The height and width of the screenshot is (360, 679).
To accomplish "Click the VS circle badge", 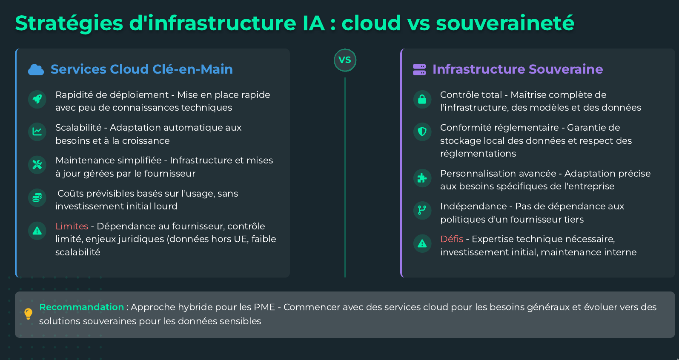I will coord(345,60).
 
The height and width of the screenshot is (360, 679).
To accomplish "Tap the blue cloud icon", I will coord(36,70).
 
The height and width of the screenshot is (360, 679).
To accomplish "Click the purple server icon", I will coord(419,70).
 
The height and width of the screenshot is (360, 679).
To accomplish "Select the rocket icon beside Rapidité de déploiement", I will coord(37,100).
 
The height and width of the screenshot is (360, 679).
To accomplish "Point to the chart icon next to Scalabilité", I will coord(37,132).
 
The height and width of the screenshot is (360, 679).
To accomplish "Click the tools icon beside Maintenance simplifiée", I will coord(37,165).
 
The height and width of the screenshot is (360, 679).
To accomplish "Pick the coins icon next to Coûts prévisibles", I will coord(37,198).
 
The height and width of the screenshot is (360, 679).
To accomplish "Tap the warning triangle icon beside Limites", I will coord(37,231).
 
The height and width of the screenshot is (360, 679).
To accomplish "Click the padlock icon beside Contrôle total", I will coord(422,100).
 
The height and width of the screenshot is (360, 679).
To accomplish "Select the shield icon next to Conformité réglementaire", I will coord(422,132).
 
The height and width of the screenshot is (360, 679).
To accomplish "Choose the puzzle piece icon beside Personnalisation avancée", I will coord(422,178).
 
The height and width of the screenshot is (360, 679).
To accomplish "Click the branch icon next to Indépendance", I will coord(422,211).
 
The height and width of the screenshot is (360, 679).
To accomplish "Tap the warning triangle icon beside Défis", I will coord(422,244).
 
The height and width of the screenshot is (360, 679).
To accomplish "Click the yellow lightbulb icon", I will coord(28,314).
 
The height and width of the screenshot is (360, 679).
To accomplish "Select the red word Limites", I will coord(72,226).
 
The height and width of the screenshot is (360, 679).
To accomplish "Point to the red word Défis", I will coord(452,239).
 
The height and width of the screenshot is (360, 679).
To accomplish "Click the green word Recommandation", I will coord(81,307).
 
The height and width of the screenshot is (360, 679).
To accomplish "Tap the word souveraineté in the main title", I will coord(505,23).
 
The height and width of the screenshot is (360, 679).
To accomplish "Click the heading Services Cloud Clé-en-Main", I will coord(141,69).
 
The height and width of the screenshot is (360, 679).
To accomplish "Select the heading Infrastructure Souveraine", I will coord(517,69).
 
